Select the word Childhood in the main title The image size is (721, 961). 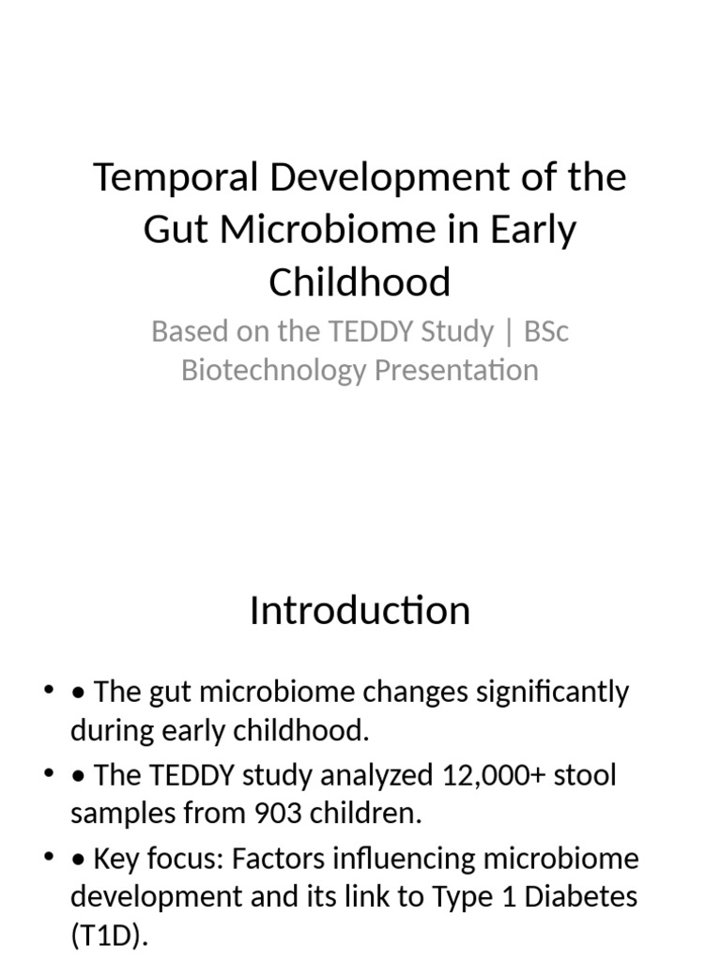360,282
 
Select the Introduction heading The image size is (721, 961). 360,610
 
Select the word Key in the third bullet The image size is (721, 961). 118,859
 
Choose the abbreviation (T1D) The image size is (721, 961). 109,935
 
